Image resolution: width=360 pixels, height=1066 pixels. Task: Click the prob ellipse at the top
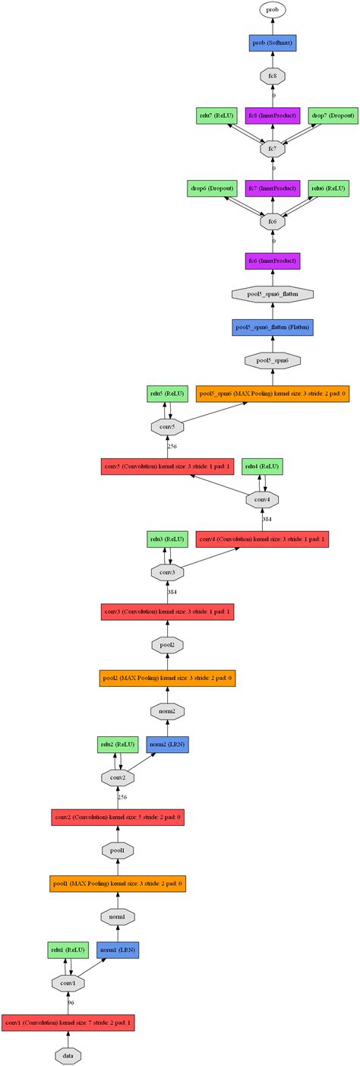(x=272, y=10)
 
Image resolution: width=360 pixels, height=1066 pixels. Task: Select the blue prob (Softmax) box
(x=272, y=43)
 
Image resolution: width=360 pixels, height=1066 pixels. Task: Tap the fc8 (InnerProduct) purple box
(x=272, y=115)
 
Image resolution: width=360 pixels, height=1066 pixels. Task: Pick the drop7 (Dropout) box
(x=328, y=115)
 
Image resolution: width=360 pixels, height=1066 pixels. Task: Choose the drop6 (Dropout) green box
(x=211, y=188)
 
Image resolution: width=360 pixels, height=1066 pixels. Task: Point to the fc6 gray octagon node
(x=272, y=222)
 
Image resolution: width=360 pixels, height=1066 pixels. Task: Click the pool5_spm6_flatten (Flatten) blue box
(x=272, y=327)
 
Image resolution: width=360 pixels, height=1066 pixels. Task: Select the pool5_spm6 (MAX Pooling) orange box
(x=272, y=394)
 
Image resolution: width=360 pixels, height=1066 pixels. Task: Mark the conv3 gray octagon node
(x=169, y=571)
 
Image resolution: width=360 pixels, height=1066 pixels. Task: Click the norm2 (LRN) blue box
(x=167, y=743)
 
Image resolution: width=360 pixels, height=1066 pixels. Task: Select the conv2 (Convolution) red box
(x=118, y=818)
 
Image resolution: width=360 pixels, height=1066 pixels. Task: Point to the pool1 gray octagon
(x=118, y=849)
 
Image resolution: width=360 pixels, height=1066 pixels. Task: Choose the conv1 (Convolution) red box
(x=68, y=1023)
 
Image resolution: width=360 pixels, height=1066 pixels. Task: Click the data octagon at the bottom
(x=68, y=1055)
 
